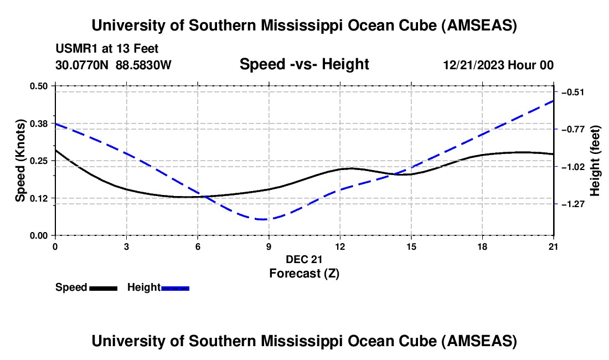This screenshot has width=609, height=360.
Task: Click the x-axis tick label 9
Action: (269, 246)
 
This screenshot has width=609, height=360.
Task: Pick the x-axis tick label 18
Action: (482, 246)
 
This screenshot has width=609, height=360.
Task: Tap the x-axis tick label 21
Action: (554, 246)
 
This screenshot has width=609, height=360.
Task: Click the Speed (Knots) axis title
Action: (20, 161)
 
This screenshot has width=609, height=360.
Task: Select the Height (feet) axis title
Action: (595, 161)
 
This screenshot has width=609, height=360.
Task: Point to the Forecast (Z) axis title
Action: (304, 273)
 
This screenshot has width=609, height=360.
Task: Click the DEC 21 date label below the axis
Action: (304, 259)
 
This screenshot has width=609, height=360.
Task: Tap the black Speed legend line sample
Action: (103, 288)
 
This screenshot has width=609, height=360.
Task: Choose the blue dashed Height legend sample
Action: (176, 288)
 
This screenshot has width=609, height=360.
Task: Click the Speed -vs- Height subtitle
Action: (304, 64)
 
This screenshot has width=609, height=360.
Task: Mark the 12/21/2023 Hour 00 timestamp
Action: (498, 65)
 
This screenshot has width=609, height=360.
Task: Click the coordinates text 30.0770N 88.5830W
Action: (113, 65)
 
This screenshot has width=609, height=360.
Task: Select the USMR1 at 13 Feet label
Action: (107, 49)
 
